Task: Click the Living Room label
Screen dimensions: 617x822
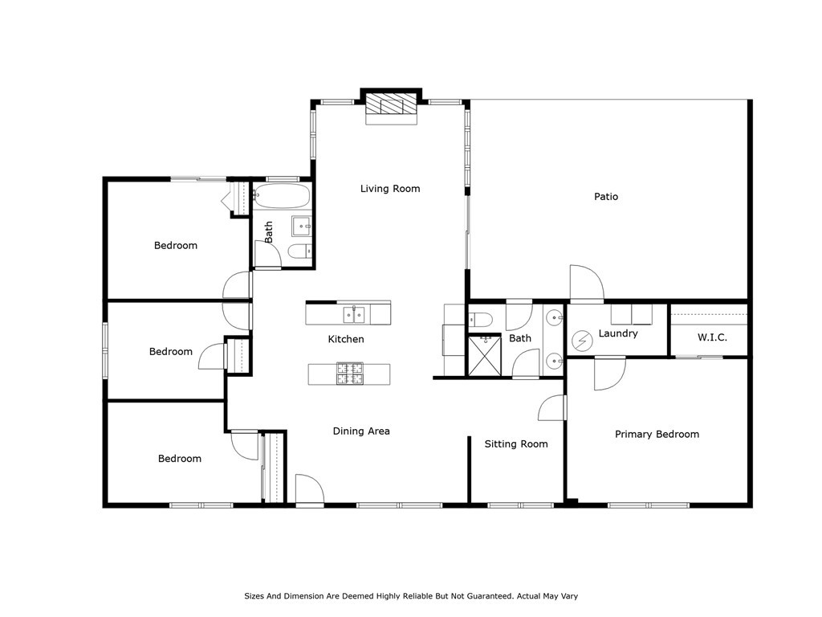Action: [390, 189]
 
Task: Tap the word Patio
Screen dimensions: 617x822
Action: [606, 196]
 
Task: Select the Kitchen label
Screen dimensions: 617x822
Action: [346, 339]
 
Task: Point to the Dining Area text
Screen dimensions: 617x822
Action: [361, 431]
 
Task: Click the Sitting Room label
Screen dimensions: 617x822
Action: [516, 443]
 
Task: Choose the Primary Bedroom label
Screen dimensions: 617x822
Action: [657, 434]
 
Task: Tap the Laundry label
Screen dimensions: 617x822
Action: [618, 333]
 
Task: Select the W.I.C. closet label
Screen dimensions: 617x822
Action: [710, 337]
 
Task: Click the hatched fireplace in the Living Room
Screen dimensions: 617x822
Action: [393, 106]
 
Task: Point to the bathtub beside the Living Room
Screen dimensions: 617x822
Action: [281, 196]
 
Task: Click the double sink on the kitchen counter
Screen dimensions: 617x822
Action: [354, 313]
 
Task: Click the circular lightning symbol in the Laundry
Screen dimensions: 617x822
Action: [581, 342]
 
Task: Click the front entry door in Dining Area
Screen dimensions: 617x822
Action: [309, 490]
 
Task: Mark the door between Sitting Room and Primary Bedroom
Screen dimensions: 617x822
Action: [553, 408]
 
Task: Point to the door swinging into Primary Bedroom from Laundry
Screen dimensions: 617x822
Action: [609, 373]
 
